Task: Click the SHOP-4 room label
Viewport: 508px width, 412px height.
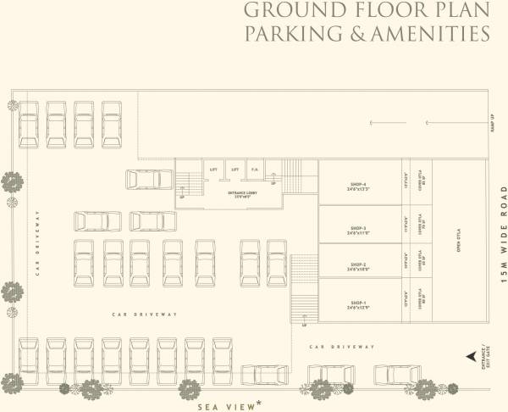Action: click(357, 184)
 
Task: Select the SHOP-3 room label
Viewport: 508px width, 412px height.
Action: click(357, 228)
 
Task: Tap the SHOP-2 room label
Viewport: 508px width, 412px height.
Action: click(357, 264)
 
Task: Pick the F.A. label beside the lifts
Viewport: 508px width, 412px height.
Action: click(254, 170)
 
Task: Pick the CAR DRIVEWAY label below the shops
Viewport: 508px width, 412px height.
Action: click(342, 347)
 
